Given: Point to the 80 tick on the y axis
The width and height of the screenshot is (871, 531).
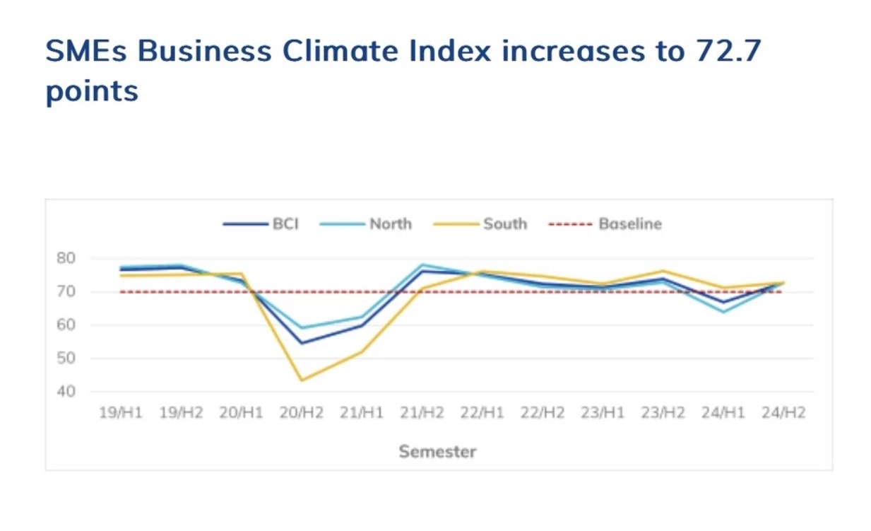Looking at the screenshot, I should click(x=66, y=258).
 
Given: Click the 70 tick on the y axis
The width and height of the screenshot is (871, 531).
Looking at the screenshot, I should click(x=66, y=291).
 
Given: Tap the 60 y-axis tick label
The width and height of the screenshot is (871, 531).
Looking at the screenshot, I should click(x=66, y=325).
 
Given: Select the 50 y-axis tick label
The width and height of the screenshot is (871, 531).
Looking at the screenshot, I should click(x=66, y=358).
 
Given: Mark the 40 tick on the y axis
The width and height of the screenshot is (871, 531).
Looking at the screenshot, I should click(x=66, y=392).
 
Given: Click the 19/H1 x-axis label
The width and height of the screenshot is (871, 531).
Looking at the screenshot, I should click(x=120, y=413).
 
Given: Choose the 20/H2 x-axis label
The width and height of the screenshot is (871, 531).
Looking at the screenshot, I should click(x=301, y=413).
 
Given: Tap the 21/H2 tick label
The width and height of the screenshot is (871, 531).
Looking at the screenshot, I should click(x=422, y=413).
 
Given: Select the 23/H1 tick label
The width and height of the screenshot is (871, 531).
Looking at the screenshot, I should click(x=603, y=413).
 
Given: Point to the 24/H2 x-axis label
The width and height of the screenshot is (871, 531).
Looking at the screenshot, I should click(x=783, y=413).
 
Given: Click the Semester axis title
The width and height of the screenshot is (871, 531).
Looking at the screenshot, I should click(x=437, y=451).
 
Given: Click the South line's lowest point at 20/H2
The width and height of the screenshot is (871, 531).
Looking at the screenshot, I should click(x=302, y=380).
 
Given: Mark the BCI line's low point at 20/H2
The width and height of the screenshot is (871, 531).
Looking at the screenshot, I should click(x=302, y=344).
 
